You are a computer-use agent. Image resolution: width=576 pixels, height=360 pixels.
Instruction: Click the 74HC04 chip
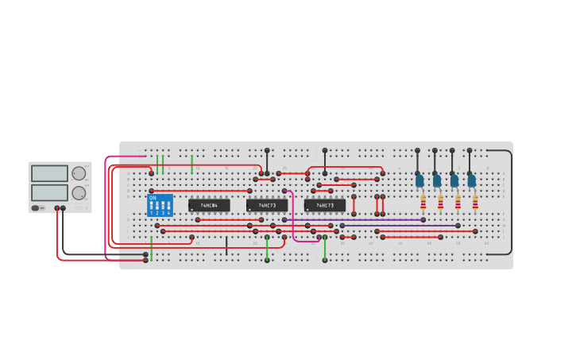tap(209, 205)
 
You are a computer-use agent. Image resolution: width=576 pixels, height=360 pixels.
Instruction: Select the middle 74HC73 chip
tap(267, 205)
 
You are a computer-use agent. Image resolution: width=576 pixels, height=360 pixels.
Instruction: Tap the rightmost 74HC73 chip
tap(325, 205)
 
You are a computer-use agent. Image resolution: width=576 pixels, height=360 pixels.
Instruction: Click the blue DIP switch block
tap(160, 205)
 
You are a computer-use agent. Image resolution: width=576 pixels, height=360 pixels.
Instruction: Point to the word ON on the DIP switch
tap(153, 197)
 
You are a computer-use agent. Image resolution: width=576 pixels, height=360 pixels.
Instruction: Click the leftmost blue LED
tap(419, 181)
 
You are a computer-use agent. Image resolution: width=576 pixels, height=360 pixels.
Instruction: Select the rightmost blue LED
tap(472, 181)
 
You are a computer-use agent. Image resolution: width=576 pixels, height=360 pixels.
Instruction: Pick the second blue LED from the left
tap(437, 181)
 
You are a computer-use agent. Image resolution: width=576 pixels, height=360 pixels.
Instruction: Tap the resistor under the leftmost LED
tap(423, 202)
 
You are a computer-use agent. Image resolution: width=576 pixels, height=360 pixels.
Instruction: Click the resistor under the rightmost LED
tap(475, 202)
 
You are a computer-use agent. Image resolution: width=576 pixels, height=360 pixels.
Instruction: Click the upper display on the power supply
tap(49, 173)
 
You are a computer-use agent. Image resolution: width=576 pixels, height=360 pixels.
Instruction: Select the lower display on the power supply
tap(49, 192)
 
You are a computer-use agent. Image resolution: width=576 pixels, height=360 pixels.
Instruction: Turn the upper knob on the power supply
tap(79, 173)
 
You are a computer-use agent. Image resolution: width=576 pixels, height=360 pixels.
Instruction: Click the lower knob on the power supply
tap(79, 193)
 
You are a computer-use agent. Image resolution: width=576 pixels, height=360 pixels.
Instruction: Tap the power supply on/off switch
tap(37, 208)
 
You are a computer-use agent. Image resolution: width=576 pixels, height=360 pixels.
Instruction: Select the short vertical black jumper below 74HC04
tap(226, 246)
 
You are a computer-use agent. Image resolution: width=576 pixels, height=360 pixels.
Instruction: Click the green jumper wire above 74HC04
tap(191, 164)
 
